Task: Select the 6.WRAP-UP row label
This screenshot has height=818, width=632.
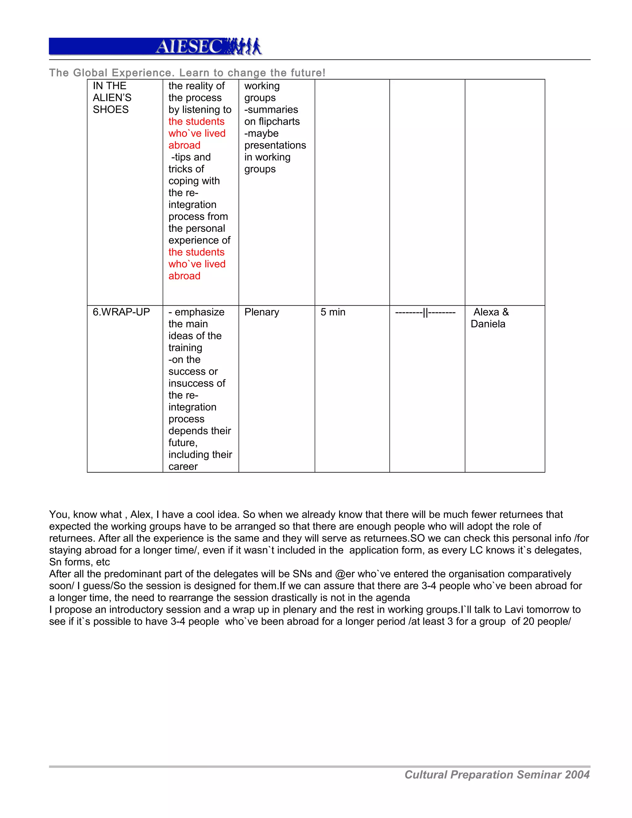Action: [121, 312]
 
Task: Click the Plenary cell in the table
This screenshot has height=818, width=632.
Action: [261, 312]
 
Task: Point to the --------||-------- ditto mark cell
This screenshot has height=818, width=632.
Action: [425, 312]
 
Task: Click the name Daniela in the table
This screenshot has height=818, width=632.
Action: [488, 324]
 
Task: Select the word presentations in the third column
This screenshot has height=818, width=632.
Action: [275, 145]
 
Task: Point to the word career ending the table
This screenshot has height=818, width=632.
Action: [183, 466]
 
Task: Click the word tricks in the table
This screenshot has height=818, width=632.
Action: [181, 169]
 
